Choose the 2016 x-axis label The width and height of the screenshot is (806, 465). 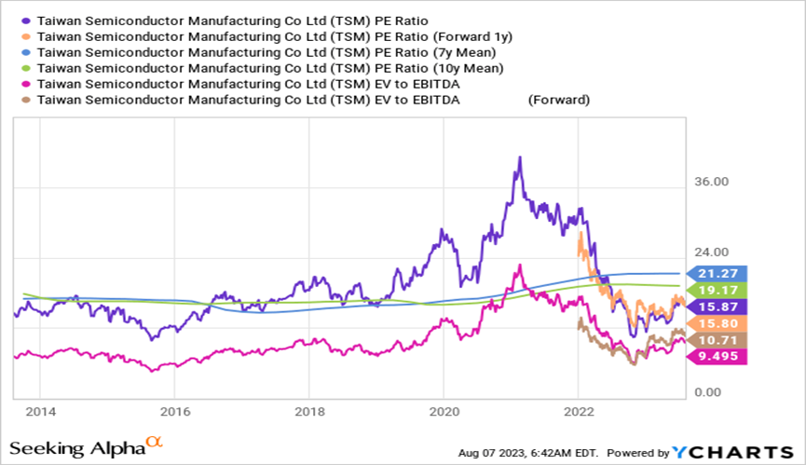[x=174, y=411]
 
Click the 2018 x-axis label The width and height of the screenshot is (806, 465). [x=309, y=411]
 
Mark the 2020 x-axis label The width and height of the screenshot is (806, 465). [x=444, y=411]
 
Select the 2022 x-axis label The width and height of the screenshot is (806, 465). [x=579, y=411]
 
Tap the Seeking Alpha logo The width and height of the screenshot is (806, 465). [x=78, y=447]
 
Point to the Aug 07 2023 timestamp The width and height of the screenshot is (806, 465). [x=528, y=453]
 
